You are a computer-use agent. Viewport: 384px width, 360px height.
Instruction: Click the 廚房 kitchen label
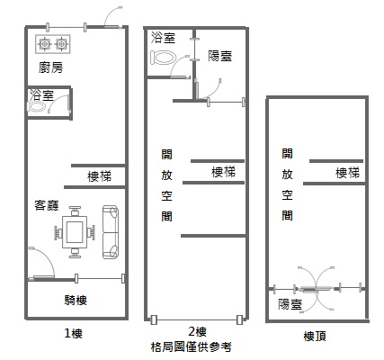pos(51,67)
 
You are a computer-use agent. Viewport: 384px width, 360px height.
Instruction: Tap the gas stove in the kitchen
pos(53,44)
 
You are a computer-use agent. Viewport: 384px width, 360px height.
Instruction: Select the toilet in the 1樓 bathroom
pos(37,106)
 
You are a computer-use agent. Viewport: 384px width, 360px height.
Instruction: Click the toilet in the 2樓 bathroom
pos(163,57)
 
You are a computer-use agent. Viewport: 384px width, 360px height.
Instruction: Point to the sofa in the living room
pos(111,232)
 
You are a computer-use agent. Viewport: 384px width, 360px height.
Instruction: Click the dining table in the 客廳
pos(75,232)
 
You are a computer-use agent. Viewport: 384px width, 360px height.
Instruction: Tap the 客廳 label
pos(47,205)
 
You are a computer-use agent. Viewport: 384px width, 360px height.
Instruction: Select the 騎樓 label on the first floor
pos(76,300)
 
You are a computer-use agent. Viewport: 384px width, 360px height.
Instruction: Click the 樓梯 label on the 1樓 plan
pos(99,176)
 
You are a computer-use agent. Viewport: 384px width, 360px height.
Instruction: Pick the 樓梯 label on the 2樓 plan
pos(224,172)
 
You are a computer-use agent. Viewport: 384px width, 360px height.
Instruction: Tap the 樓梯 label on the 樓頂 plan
pos(347,173)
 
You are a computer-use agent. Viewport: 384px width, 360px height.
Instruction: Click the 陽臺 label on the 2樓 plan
pos(220,56)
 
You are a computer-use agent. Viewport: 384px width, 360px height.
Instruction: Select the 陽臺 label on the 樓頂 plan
pos(290,304)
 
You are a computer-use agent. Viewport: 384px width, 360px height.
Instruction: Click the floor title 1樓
pos(74,333)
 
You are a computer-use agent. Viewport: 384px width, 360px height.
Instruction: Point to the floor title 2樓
pos(197,332)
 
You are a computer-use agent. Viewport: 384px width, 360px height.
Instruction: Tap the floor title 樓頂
pos(315,336)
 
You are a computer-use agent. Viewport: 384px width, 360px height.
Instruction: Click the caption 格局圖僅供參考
pos(192,347)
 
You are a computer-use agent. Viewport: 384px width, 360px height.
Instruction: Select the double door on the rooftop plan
pos(316,289)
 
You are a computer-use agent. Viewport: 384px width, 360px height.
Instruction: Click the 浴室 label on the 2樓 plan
pos(163,38)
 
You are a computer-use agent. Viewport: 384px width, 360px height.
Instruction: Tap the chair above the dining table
pos(75,210)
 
